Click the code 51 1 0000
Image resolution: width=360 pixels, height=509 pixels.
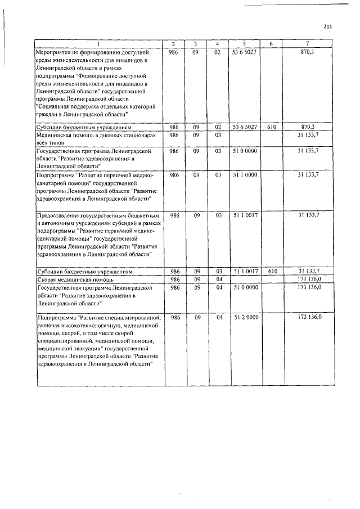(x=245, y=175)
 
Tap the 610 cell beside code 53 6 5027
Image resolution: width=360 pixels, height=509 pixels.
(x=272, y=128)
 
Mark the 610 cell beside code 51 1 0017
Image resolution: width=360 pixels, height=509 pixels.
(x=272, y=272)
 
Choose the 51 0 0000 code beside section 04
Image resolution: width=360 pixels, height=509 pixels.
(x=245, y=287)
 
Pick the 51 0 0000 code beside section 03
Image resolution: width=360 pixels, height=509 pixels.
(x=245, y=151)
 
